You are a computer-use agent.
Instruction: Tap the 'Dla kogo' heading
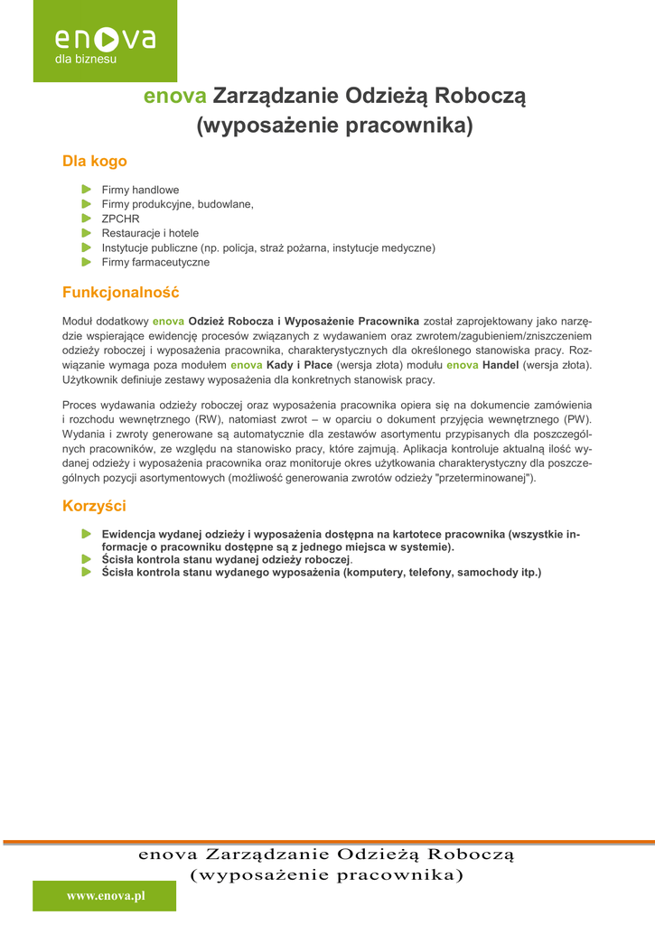[94, 162]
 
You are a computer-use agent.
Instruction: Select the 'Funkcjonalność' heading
[120, 293]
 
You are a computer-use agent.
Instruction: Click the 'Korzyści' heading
[94, 506]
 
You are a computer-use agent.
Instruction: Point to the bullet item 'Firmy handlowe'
[140, 191]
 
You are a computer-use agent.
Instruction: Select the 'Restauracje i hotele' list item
[150, 233]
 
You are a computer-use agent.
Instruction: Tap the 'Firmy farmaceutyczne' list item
[155, 262]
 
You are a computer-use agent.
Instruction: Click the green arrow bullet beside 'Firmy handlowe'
[86, 190]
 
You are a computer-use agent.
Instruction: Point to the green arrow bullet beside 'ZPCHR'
[86, 219]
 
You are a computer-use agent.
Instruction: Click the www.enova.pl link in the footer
[106, 895]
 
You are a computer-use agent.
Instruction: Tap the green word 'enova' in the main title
[175, 96]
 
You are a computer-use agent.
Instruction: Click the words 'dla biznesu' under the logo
[86, 60]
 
